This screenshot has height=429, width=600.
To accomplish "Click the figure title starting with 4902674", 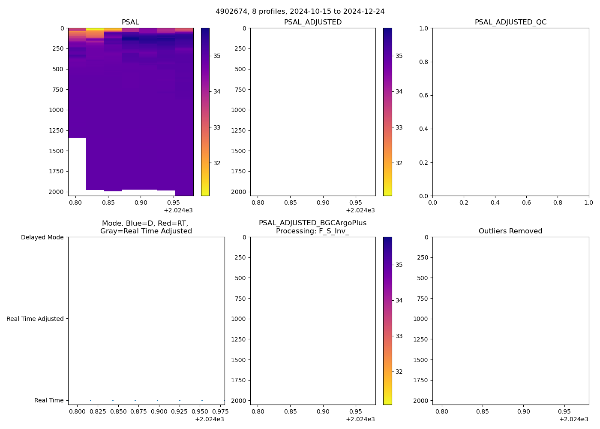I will [x=300, y=11].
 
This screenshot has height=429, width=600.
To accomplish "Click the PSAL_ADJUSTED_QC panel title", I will [x=510, y=22].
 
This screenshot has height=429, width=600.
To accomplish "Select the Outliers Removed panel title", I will [x=510, y=231].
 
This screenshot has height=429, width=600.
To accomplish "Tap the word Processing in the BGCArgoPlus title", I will [x=296, y=231].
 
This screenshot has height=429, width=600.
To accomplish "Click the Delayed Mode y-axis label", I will [x=42, y=237].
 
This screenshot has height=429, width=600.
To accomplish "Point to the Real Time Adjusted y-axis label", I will [x=35, y=319].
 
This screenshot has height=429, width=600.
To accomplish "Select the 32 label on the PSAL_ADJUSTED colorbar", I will [x=399, y=163].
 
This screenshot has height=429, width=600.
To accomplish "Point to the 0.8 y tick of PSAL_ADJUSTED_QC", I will [x=424, y=62].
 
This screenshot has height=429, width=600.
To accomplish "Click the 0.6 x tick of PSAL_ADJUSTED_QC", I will [x=526, y=202].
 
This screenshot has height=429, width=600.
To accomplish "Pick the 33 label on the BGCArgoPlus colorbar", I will [x=399, y=336].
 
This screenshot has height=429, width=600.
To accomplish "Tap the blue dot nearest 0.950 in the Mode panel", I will [x=202, y=400].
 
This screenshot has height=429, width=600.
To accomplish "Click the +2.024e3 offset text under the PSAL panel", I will [x=178, y=210].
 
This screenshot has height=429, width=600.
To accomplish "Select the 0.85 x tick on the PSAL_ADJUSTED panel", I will [x=290, y=202].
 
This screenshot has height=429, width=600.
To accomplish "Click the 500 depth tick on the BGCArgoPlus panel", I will [x=240, y=278].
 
